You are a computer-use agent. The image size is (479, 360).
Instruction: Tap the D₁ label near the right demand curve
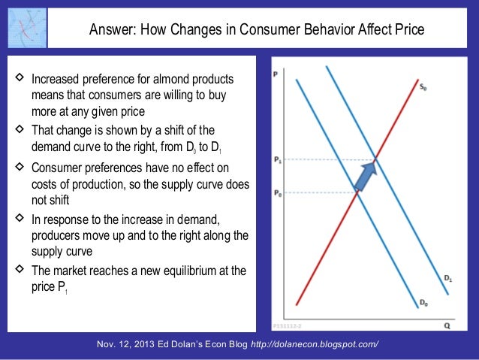pos(447,278)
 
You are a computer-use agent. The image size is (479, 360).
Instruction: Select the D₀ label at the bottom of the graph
pos(424,303)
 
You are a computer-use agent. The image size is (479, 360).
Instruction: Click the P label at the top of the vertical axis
pos(276,74)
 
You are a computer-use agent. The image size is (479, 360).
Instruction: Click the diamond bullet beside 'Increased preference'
pos(17,79)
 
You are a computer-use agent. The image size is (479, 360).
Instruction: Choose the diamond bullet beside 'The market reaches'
pos(17,271)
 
